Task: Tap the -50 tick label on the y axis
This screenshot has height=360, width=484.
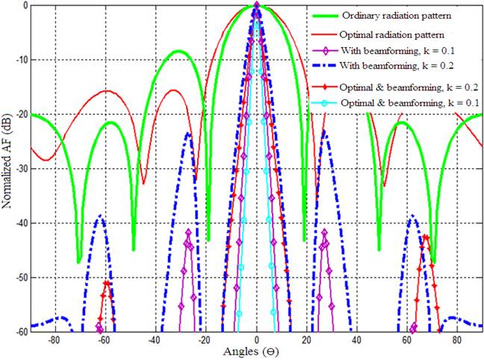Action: point(18,278)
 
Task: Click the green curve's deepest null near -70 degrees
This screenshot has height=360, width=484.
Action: point(78,262)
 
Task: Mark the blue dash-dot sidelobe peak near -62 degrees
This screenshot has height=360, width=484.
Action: point(99,216)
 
